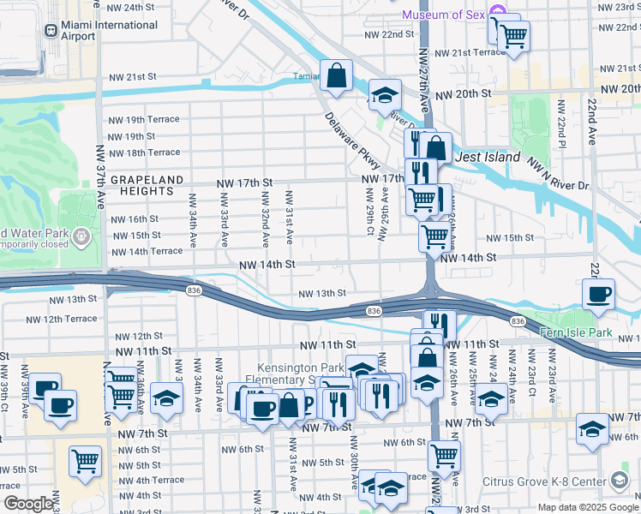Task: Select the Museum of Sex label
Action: pos(442,15)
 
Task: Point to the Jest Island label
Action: pos(487,157)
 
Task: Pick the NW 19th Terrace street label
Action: pos(142,120)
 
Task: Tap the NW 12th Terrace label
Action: pos(62,319)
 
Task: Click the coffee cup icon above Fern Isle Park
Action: pos(598,294)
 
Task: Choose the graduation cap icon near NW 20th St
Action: pos(386,94)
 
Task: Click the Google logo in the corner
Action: pos(27,505)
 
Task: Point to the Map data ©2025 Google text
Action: pos(587,507)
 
